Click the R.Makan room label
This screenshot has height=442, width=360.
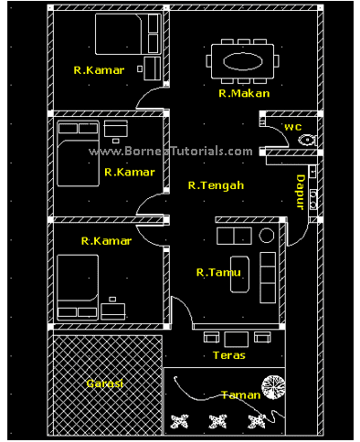244,93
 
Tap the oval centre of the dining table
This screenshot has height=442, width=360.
243,61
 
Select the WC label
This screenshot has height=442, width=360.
293,127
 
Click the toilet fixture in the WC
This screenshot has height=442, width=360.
307,140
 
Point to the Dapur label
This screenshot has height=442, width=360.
301,192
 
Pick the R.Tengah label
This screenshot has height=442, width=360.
217,185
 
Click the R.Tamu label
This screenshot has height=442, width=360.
218,272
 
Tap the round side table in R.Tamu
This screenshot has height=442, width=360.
267,236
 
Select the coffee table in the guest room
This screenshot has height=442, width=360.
239,274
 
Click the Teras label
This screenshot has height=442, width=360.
229,355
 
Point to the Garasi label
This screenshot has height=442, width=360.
105,384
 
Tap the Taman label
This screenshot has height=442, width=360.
241,395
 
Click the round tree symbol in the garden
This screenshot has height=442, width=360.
273,387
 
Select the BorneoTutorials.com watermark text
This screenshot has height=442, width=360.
171,152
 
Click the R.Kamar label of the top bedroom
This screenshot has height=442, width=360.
99,70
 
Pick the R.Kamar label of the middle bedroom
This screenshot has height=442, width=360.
130,172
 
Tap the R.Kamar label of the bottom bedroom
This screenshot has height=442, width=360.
106,241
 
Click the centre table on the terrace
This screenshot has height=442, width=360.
236,339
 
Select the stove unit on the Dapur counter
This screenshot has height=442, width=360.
313,200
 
